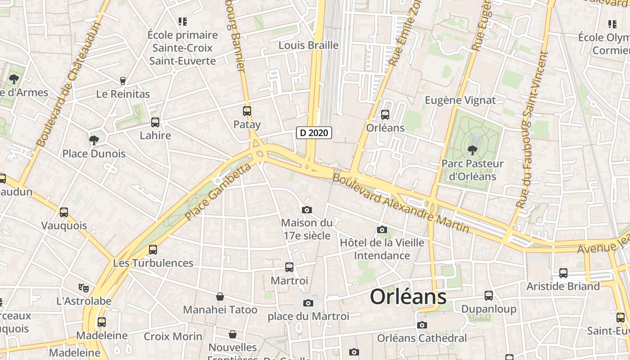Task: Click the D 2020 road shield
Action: pos(314,133)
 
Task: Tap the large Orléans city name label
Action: pos(408,297)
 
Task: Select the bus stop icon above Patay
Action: pos(247,111)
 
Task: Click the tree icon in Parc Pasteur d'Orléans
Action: pos(472,150)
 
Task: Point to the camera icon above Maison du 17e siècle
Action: pos(307,210)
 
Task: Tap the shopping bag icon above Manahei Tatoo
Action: pos(220,297)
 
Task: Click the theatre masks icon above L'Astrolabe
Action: pos(83,287)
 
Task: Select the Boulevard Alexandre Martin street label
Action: pos(400,203)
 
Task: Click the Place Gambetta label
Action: pos(218,192)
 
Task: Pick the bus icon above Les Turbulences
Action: pos(153,249)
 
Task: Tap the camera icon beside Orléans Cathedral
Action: pos(422,325)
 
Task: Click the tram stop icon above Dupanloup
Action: pos(489,296)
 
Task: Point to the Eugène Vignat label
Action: pos(460,100)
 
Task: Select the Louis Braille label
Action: pos(308,45)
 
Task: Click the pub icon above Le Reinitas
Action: pos(122,81)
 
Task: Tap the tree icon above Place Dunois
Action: pos(94,140)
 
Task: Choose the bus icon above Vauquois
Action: pos(64,212)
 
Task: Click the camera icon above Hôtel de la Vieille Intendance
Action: pos(382,229)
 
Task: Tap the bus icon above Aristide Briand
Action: pos(563,273)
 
